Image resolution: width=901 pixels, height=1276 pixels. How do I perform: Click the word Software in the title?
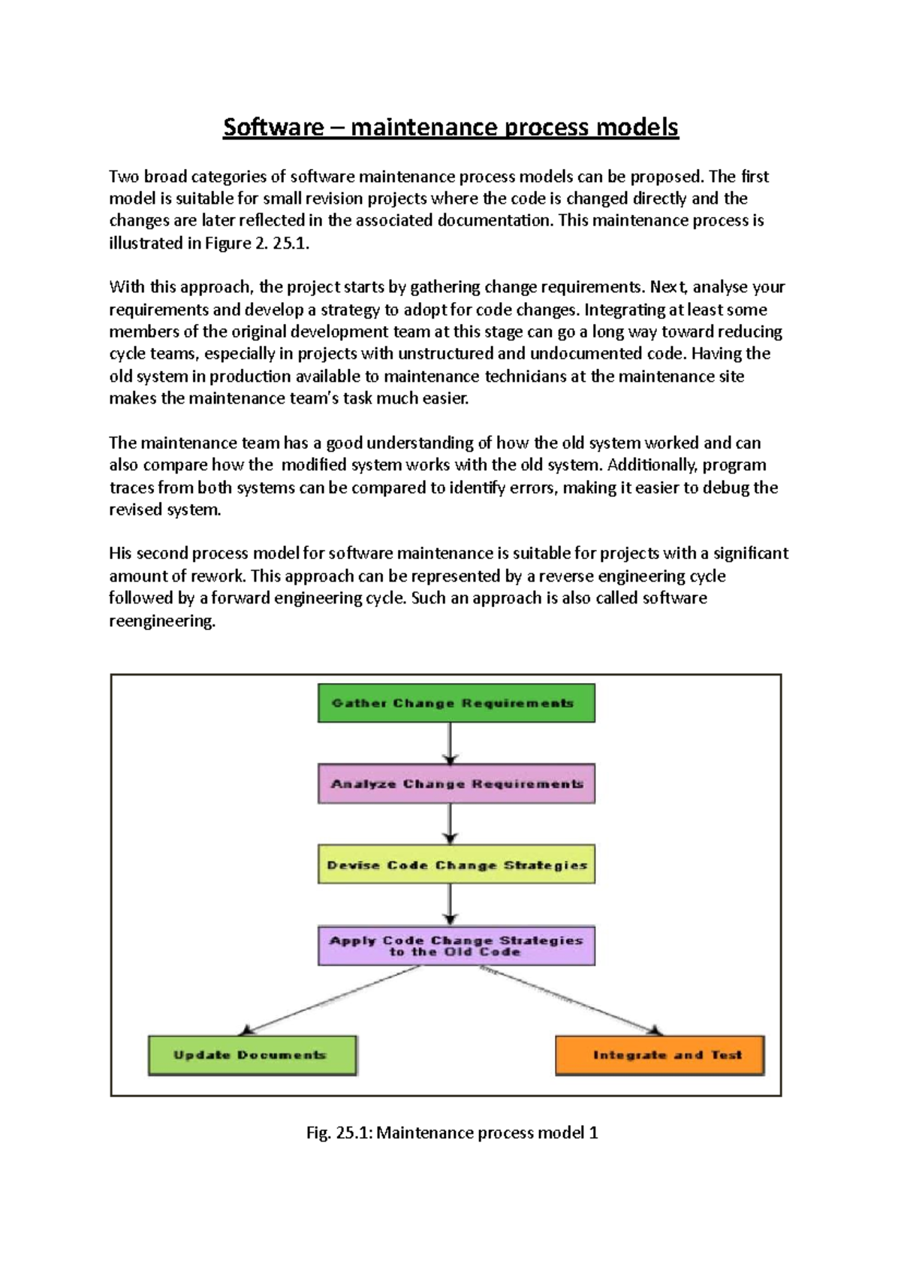coord(273,127)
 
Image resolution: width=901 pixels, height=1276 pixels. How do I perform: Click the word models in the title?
coord(637,127)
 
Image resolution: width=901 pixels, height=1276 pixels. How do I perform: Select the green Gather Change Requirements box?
coord(456,703)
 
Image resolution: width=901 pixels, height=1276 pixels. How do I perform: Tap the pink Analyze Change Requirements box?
coord(456,784)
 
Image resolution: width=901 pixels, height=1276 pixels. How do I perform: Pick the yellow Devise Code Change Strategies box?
coord(456,864)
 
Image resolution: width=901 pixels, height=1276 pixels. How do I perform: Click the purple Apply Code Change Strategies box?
coord(456,945)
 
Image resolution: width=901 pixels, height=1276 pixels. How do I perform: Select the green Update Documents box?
coord(252,1055)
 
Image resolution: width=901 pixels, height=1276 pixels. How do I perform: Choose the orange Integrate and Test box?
coord(659,1055)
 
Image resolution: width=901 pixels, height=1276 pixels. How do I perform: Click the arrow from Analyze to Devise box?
coord(450,823)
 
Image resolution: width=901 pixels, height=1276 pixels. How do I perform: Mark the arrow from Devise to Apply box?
coord(450,903)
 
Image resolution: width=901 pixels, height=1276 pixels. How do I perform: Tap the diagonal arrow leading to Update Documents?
coord(330,999)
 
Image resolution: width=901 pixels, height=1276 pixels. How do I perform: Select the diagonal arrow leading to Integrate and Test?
coord(571,999)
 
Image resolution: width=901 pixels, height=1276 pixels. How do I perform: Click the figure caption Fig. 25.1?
coord(451,1132)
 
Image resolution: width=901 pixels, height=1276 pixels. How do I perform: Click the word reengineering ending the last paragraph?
coord(161,621)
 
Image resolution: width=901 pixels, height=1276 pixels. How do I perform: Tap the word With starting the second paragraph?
coord(126,287)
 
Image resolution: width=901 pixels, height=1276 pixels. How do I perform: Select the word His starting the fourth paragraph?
coord(120,554)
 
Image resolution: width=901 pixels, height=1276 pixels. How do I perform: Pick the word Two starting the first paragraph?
coord(124,177)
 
